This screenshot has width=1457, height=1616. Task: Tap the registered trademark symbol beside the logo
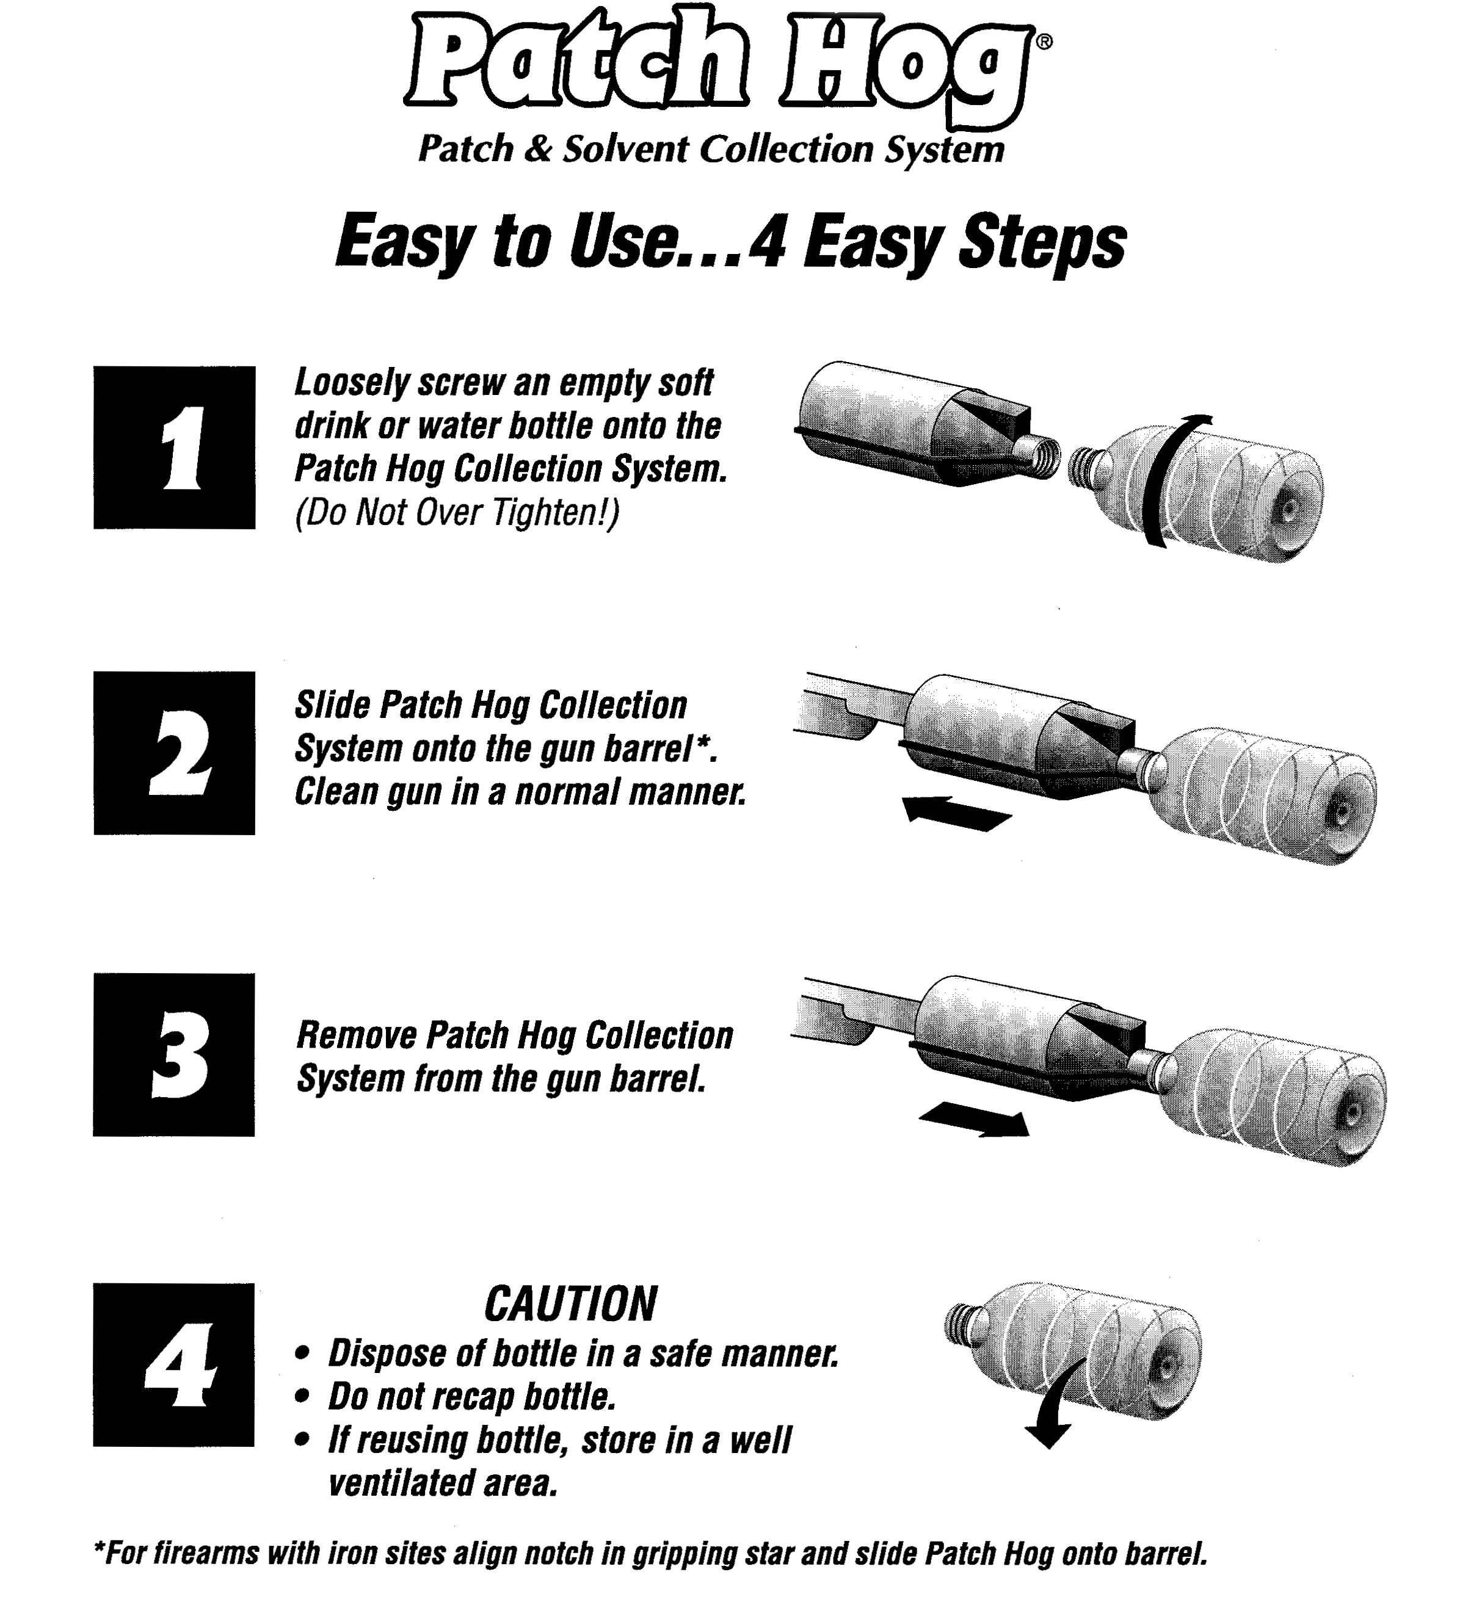pos(1045,42)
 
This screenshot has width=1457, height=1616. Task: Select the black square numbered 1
pos(175,447)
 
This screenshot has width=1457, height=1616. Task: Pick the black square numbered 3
pos(173,1055)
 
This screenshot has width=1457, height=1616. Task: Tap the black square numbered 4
pos(173,1364)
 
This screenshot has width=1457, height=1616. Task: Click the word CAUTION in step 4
pos(571,1304)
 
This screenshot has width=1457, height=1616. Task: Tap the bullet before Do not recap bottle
pos(303,1397)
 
